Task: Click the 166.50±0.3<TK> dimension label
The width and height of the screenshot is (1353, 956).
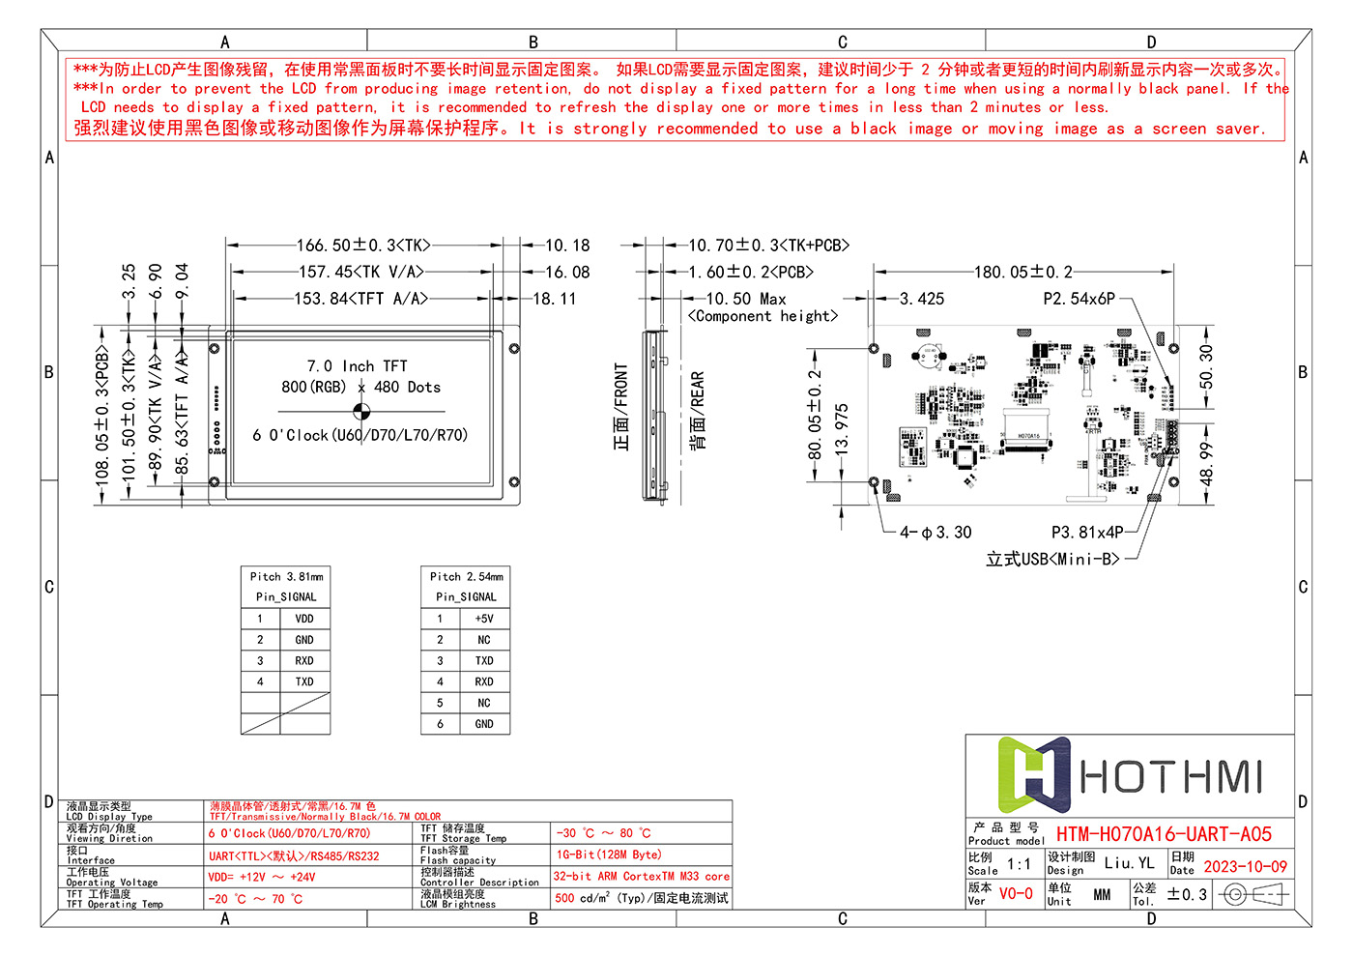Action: point(363,246)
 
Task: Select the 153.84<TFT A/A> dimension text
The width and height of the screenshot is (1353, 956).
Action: point(360,299)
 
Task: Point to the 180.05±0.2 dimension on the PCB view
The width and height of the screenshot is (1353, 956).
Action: point(1022,273)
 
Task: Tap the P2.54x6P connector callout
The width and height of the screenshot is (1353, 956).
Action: point(1079,299)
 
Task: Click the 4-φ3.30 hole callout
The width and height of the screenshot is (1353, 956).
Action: point(936,533)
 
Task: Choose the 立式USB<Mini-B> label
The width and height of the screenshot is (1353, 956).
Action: point(1052,559)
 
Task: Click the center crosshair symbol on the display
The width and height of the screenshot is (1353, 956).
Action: point(361,410)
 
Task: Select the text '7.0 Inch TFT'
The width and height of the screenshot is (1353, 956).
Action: point(357,366)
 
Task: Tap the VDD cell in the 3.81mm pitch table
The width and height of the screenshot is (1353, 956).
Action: point(304,619)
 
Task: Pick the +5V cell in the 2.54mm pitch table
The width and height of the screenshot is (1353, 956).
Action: point(484,619)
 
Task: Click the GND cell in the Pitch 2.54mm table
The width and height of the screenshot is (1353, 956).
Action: point(484,724)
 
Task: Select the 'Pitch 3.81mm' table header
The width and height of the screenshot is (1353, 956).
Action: point(286,576)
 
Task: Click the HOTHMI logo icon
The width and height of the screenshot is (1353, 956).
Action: point(1033,775)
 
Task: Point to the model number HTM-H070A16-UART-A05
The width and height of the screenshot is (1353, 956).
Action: point(1164,834)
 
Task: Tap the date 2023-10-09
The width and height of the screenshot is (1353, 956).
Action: point(1245,867)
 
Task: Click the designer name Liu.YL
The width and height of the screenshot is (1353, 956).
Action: point(1129,863)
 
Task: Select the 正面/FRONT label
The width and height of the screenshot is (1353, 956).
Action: point(620,407)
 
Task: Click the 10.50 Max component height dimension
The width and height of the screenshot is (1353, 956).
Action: point(745,300)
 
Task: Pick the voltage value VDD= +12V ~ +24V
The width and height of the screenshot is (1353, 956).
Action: point(261,878)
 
